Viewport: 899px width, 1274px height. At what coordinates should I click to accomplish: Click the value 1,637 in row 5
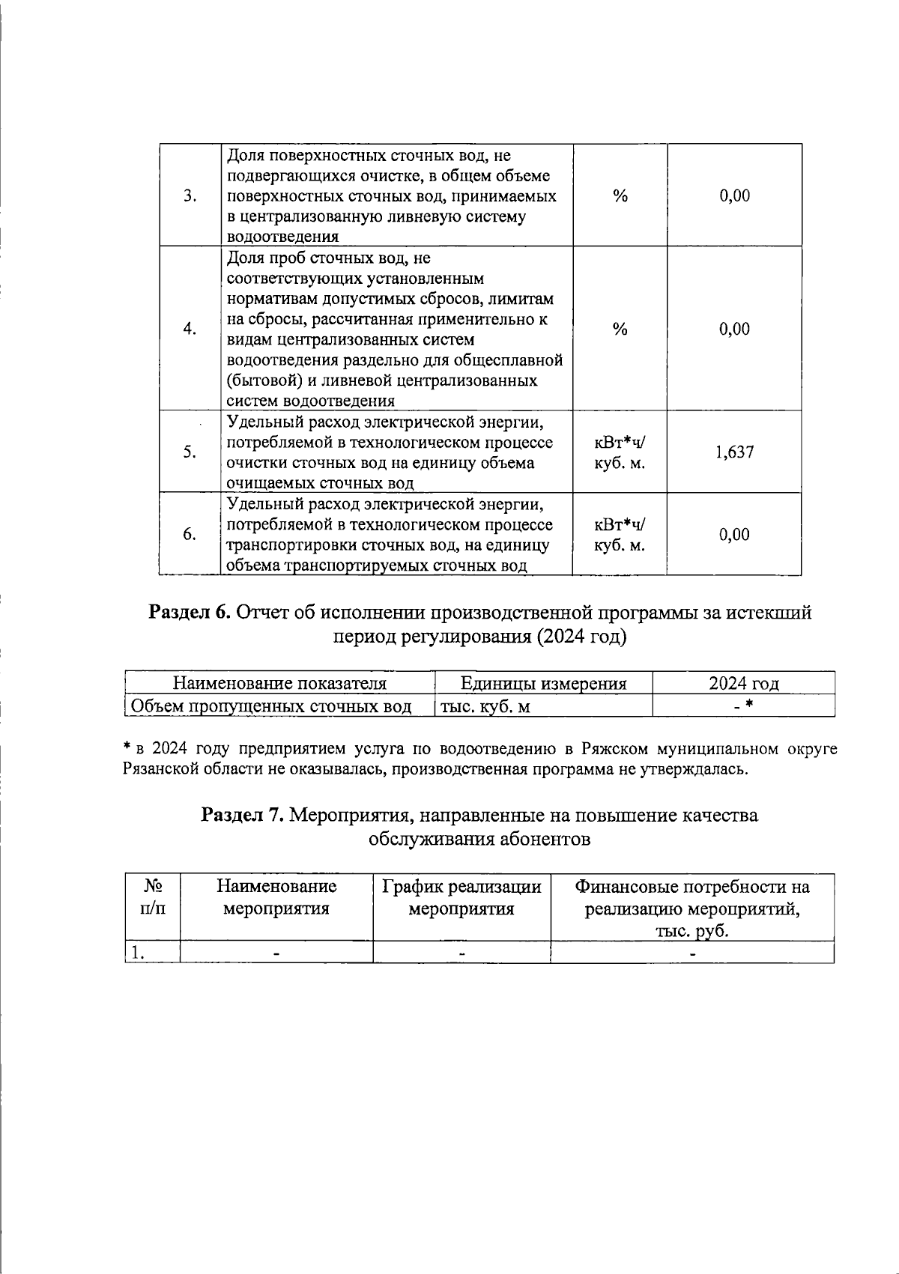pyautogui.click(x=733, y=452)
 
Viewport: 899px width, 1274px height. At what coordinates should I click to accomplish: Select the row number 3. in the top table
pyautogui.click(x=190, y=195)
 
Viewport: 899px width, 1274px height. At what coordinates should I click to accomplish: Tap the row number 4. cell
pyautogui.click(x=190, y=329)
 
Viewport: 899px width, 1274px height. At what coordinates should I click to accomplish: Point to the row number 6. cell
pyautogui.click(x=190, y=534)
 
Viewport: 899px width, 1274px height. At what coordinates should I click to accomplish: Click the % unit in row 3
pyautogui.click(x=620, y=195)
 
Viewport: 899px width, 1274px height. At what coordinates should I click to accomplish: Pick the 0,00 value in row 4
pyautogui.click(x=733, y=329)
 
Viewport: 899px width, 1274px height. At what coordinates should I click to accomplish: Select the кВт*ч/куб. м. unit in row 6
pyautogui.click(x=620, y=534)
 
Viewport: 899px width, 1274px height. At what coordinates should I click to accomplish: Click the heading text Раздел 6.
pyautogui.click(x=190, y=613)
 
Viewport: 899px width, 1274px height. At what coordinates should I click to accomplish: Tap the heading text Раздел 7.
pyautogui.click(x=242, y=815)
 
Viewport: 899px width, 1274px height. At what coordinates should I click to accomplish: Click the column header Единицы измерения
pyautogui.click(x=543, y=683)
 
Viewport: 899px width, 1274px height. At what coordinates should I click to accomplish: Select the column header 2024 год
pyautogui.click(x=743, y=683)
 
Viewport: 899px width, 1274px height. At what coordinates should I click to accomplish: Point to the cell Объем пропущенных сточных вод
pyautogui.click(x=271, y=706)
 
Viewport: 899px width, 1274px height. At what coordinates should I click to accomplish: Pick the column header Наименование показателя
pyautogui.click(x=279, y=683)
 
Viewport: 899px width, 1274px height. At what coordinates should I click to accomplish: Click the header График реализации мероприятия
pyautogui.click(x=461, y=898)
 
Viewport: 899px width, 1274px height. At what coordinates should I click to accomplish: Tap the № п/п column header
pyautogui.click(x=153, y=898)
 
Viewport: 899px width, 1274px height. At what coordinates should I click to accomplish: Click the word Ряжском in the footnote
pyautogui.click(x=614, y=749)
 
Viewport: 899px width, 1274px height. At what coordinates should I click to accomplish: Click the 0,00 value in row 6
pyautogui.click(x=733, y=534)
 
